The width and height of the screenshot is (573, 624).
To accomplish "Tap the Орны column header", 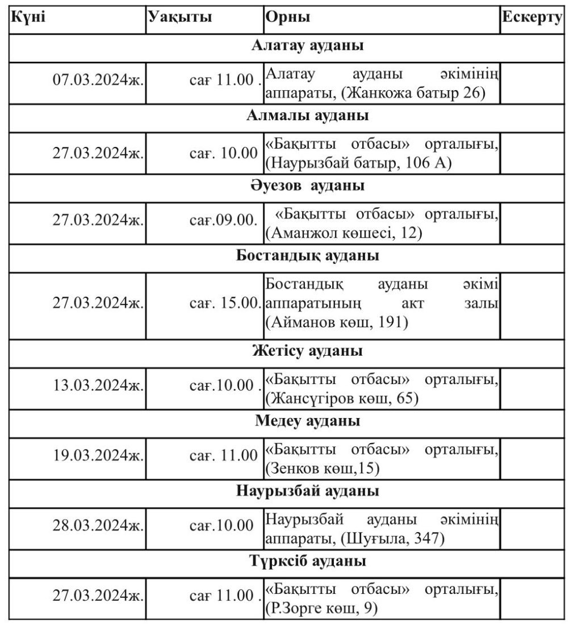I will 287,16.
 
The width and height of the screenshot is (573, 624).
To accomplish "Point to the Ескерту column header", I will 532,16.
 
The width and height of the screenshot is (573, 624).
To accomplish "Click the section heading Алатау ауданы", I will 308,47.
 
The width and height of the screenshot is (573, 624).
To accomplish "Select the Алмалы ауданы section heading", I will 308,116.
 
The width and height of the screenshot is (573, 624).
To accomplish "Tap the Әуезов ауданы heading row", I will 308,186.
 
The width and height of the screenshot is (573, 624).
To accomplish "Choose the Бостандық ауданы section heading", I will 308,256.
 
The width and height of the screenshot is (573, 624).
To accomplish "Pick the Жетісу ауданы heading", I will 308,352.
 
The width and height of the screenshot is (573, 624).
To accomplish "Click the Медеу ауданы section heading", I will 308,422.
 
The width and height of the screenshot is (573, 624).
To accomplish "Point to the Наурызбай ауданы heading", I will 308,491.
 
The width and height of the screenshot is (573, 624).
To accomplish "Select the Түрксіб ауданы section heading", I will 308,562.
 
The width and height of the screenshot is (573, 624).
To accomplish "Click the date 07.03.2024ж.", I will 98,80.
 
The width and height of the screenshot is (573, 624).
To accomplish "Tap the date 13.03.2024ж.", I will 98,386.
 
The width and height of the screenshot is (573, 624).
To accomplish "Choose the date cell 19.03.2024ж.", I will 98,456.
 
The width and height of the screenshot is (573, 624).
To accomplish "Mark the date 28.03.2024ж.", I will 98,525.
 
